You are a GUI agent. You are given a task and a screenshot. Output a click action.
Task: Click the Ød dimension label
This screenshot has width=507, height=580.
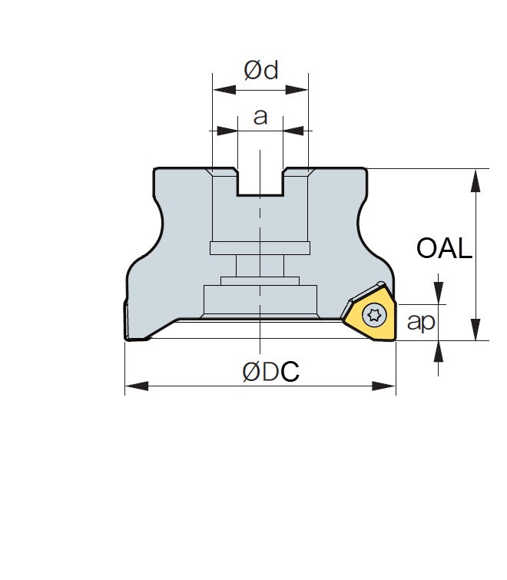(x=260, y=70)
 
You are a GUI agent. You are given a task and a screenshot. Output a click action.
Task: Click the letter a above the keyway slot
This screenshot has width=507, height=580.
(x=260, y=117)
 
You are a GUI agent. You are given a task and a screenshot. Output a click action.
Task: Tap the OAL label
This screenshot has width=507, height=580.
(x=444, y=248)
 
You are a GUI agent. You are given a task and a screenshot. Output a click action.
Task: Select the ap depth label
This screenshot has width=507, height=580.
(x=421, y=322)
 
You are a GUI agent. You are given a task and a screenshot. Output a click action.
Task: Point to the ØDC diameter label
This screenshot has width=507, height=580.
(x=270, y=371)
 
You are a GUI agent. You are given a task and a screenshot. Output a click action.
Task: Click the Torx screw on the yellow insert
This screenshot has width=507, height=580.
(x=374, y=315)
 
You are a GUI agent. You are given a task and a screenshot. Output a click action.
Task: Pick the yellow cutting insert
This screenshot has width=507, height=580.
(x=369, y=313)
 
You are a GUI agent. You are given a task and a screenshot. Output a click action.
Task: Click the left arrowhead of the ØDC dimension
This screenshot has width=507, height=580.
(x=137, y=386)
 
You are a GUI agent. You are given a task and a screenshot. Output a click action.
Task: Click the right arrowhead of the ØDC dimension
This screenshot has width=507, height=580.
(x=384, y=386)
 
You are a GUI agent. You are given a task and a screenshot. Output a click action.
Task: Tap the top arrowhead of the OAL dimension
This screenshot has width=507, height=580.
(x=476, y=181)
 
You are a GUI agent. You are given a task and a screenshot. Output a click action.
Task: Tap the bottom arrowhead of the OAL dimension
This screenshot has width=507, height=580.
(x=476, y=330)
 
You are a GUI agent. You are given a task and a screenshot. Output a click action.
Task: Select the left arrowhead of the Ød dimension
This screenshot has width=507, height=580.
(x=224, y=90)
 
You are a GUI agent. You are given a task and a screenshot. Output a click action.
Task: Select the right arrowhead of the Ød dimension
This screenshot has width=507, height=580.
(x=297, y=90)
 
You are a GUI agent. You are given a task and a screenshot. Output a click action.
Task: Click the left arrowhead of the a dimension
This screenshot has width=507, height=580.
(x=227, y=131)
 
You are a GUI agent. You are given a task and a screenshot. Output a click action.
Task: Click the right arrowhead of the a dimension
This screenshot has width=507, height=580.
(x=293, y=131)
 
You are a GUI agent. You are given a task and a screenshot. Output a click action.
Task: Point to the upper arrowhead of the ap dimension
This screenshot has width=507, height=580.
(x=438, y=293)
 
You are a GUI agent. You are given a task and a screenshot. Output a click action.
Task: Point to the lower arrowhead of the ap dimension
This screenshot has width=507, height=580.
(x=438, y=352)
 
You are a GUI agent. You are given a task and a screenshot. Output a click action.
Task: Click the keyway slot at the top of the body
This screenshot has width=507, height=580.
(x=260, y=181)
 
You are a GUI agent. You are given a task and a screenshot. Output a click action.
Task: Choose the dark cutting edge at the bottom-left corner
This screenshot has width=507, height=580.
(x=126, y=320)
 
